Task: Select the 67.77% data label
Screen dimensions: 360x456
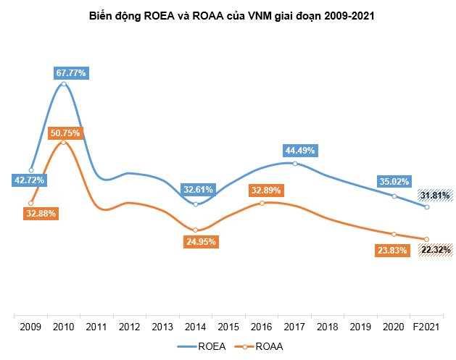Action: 71,72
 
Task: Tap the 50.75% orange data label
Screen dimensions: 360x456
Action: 65,133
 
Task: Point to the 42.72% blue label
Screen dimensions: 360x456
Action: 29,180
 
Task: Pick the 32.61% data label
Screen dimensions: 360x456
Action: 197,190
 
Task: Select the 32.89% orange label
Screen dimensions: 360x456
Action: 266,191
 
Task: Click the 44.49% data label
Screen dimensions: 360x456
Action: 301,151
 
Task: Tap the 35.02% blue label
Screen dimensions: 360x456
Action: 394,182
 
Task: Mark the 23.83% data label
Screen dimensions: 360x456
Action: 394,250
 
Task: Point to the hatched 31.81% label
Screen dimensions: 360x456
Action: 434,195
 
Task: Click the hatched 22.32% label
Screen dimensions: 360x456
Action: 434,250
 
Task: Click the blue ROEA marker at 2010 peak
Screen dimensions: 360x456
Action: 64,84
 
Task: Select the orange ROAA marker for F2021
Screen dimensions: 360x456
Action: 427,240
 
